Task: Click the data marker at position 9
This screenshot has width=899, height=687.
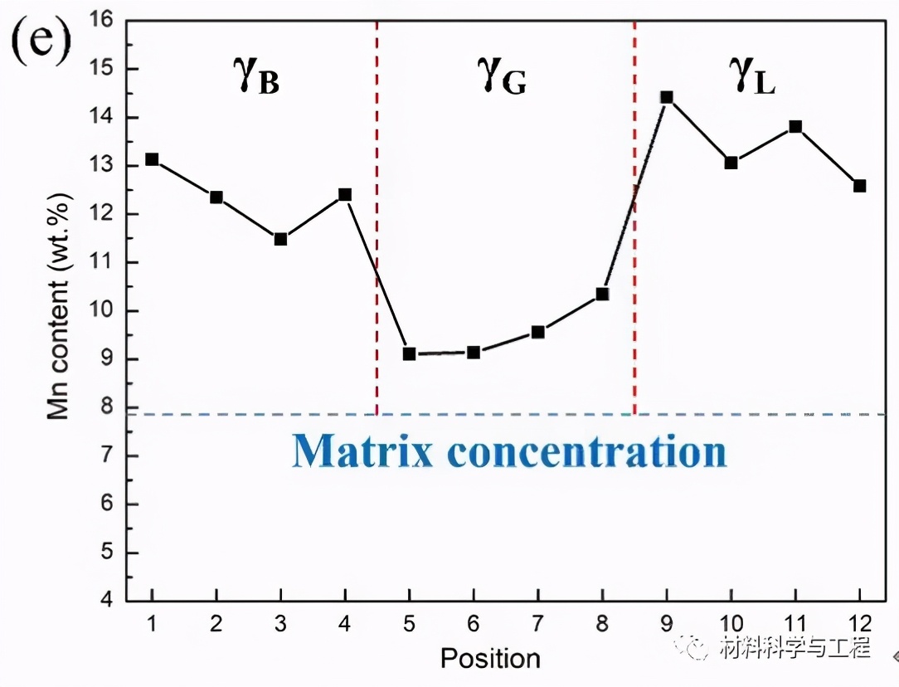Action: coord(667,97)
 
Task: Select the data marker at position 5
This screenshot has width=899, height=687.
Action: coord(409,353)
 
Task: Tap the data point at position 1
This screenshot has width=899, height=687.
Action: coord(152,159)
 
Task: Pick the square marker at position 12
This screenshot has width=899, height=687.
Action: coord(860,186)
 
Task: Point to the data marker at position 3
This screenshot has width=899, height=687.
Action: coord(280,240)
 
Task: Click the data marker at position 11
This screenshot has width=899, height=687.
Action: coord(795,127)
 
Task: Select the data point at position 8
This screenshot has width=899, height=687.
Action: coord(603,294)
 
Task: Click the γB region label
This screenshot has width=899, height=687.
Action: coord(255,77)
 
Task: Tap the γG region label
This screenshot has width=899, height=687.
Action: coord(502,77)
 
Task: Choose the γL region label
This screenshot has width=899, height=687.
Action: coord(752,77)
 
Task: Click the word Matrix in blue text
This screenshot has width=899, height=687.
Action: coord(363,451)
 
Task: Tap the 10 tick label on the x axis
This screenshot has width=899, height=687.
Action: coord(731,623)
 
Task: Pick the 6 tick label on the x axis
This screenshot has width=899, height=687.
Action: coord(474,623)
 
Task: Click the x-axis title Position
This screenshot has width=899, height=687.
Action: coord(490,659)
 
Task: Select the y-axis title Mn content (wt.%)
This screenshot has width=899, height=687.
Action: coord(57,307)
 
